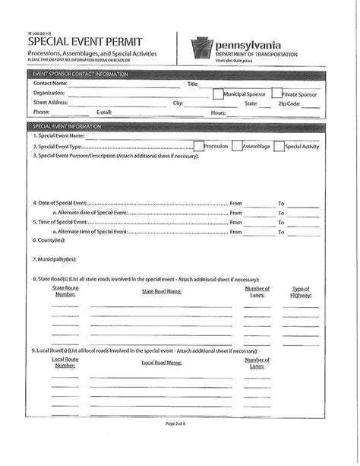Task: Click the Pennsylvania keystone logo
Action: click(201, 48)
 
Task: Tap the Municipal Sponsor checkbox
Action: click(217, 94)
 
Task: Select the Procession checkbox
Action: click(198, 146)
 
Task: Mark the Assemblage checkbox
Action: click(236, 146)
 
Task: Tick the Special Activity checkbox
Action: click(279, 146)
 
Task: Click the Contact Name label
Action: click(51, 83)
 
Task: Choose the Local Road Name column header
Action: click(161, 363)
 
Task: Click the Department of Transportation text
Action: click(255, 55)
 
